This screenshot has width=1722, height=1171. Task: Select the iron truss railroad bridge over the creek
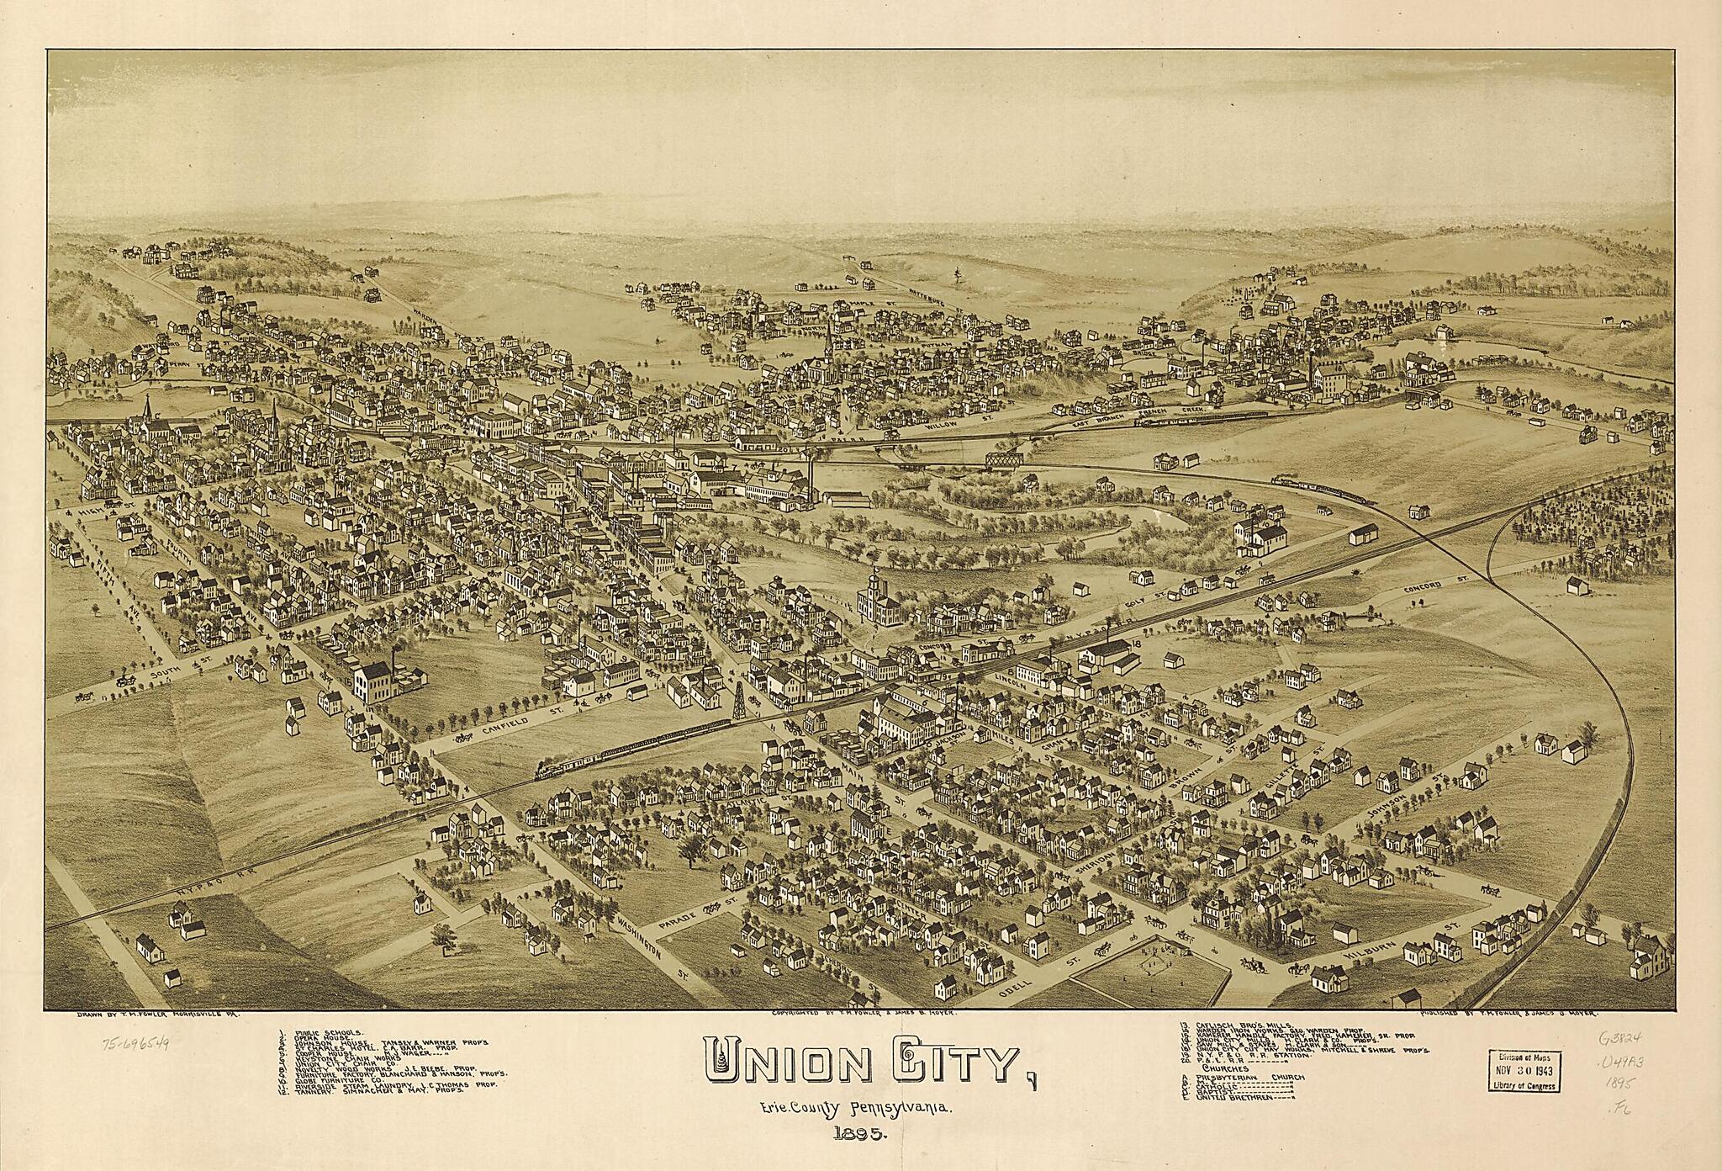pos(1004,458)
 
